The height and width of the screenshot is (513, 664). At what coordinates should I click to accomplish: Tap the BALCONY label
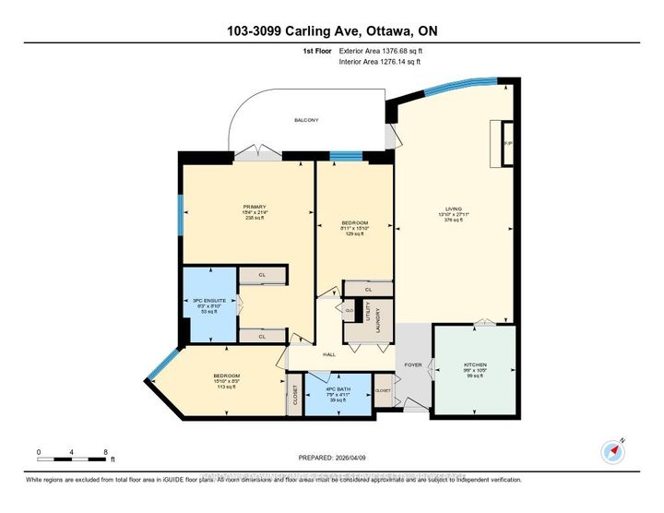307,120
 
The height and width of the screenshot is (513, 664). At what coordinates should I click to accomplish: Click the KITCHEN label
475,365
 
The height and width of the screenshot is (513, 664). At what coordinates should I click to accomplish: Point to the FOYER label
413,365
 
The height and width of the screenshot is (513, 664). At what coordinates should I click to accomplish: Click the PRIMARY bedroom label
255,206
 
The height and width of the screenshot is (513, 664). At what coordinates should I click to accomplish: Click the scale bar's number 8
106,451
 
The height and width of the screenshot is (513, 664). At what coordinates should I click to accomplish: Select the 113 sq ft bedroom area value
228,388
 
